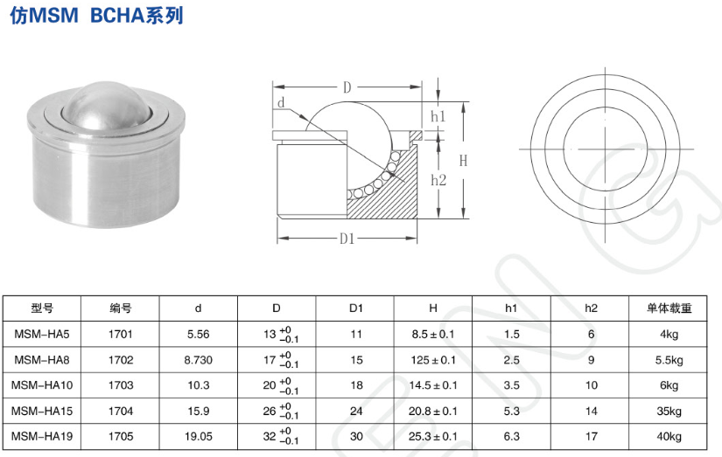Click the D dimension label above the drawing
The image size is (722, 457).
[347, 87]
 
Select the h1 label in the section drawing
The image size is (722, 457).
[438, 116]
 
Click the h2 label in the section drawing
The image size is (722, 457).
[439, 179]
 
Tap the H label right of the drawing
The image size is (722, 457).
[463, 161]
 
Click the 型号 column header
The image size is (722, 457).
[42, 308]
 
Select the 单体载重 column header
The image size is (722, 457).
[669, 308]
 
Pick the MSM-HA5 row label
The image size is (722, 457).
[42, 334]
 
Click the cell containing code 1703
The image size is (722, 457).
[121, 384]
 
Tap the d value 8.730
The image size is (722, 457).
[199, 359]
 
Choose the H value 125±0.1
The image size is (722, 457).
[433, 359]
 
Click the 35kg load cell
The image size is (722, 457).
[669, 410]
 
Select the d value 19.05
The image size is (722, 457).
[199, 435]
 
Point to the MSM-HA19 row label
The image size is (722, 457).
[42, 435]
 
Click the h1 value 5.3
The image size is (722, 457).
[512, 410]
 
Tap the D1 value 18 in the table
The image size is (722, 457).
[355, 384]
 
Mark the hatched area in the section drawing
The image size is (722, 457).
[399, 192]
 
